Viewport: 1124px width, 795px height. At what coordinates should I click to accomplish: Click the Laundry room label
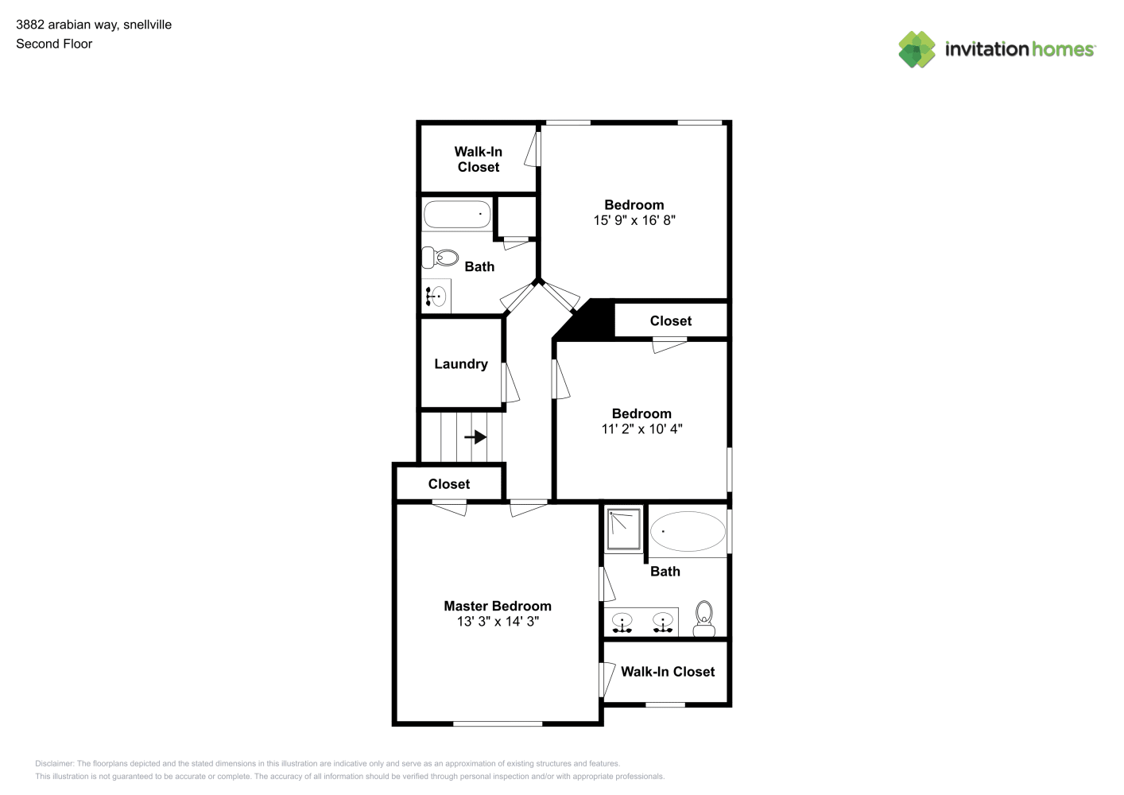pos(460,364)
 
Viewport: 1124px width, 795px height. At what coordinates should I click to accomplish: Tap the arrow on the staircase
pos(475,436)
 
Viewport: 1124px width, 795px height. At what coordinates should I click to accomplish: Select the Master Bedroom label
pos(498,606)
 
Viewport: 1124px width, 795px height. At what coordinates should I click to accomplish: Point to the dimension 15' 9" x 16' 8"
pos(634,220)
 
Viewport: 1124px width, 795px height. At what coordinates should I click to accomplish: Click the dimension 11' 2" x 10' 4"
pos(641,429)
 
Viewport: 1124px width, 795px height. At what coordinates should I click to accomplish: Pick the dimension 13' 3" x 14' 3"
pos(498,622)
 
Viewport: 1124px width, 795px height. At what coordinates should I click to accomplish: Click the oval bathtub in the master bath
pos(688,531)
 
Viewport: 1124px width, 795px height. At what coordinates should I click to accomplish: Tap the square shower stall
pos(624,529)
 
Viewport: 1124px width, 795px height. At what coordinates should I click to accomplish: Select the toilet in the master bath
pos(704,619)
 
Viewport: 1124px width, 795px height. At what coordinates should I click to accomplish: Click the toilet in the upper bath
pos(440,258)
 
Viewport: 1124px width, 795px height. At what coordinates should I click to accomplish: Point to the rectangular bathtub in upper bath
pos(457,214)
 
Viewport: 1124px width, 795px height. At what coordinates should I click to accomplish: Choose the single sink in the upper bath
pos(436,296)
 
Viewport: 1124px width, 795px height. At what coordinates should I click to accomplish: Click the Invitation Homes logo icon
pos(917,49)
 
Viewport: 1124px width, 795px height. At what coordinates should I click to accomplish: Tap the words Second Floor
pos(54,44)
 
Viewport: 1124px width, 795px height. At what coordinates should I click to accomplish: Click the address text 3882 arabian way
pos(68,25)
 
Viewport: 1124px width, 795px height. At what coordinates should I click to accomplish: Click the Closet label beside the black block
pos(670,320)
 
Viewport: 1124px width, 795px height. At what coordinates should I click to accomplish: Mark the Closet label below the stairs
pos(448,484)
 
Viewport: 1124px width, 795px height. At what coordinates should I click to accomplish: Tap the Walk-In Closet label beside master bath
pos(668,672)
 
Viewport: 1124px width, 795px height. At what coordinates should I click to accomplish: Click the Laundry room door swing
pos(510,383)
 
